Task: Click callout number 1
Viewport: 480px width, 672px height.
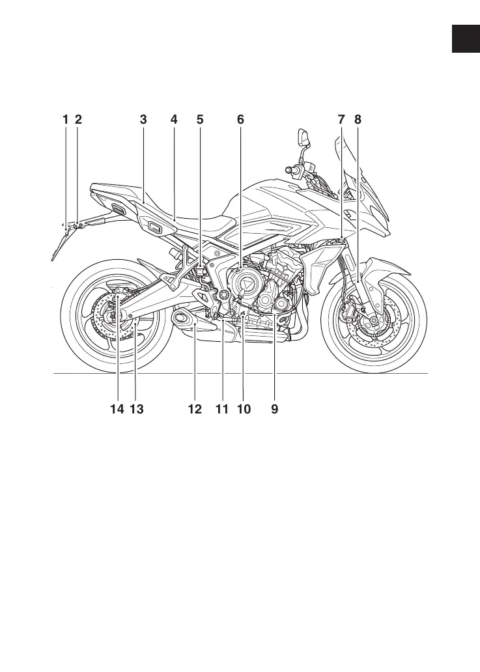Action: [x=65, y=120]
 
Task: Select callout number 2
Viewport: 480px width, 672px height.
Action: [x=78, y=120]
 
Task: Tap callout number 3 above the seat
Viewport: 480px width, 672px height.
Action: [x=143, y=120]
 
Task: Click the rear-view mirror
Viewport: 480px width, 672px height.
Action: [x=303, y=137]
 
